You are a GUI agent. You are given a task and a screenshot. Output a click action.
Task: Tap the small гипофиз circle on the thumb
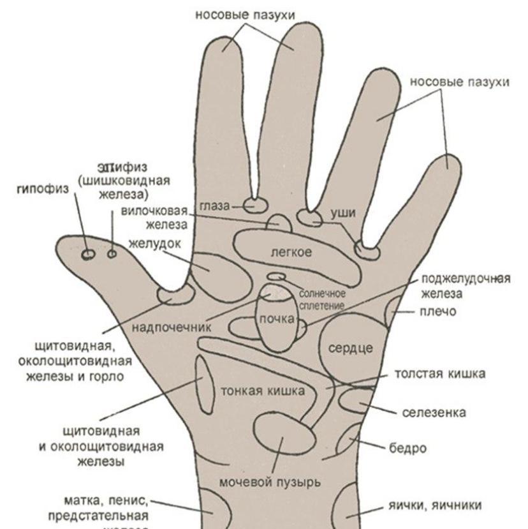click(88, 255)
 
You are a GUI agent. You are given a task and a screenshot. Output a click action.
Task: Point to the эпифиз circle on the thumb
click(112, 254)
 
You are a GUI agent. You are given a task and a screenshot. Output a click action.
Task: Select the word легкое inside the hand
click(291, 253)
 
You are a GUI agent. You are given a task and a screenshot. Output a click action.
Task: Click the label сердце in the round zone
click(350, 348)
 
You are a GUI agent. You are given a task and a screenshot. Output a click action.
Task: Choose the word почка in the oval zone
click(275, 318)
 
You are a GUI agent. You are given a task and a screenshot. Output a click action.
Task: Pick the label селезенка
click(434, 413)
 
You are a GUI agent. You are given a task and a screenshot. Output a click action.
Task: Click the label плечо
click(438, 312)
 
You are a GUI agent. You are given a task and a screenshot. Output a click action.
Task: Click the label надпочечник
click(172, 328)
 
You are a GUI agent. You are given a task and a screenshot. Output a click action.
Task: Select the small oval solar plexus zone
click(276, 276)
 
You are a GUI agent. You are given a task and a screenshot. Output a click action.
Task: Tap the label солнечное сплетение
click(322, 299)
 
